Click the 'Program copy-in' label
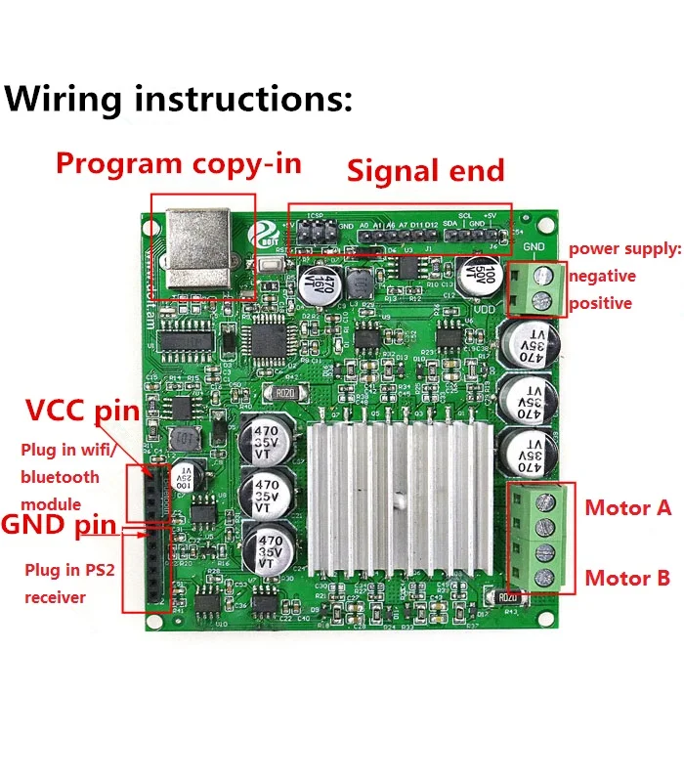coord(178,162)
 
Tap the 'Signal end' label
coord(426,171)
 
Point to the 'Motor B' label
coord(627,578)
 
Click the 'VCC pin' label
coord(83,410)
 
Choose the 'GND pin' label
coord(59,525)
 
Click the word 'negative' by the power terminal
coord(602,276)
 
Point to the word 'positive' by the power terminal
coord(600,303)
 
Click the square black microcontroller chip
coord(266,340)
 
